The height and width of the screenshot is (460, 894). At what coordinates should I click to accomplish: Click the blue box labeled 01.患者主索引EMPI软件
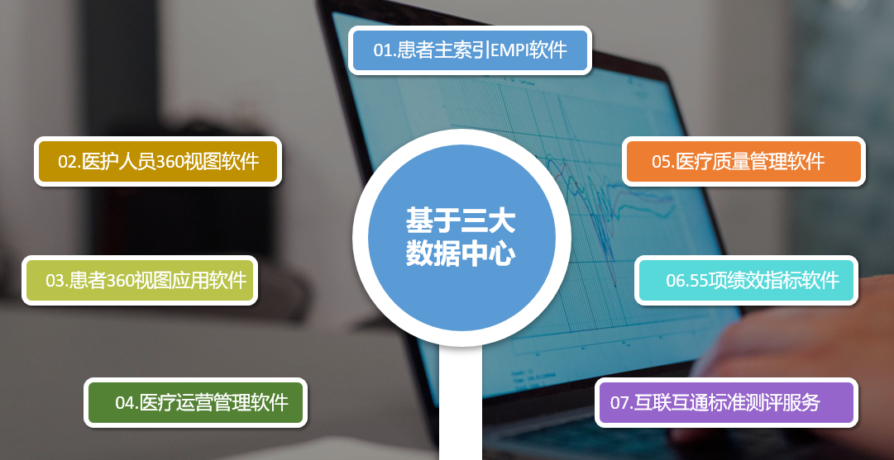pos(470,50)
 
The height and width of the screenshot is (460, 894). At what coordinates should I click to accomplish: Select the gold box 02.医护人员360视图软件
pos(158,161)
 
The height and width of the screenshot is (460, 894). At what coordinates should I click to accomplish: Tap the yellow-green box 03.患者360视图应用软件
pos(140,280)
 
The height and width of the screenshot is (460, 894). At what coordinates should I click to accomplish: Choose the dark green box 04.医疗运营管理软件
pos(195,402)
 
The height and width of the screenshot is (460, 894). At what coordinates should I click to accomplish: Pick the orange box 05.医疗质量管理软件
pos(743,161)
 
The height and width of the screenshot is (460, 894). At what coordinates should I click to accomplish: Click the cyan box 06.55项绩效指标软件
pos(746,280)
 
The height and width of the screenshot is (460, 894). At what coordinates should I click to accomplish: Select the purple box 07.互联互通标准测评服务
pos(726,402)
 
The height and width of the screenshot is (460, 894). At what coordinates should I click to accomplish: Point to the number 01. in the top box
pos(385,50)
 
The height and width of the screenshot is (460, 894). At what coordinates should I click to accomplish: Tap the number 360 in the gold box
pos(170,162)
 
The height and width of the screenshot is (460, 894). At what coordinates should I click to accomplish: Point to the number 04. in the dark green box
pos(127,403)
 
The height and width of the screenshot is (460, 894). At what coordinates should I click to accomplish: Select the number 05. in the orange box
pos(664,162)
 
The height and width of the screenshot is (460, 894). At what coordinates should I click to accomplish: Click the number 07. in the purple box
pos(622,403)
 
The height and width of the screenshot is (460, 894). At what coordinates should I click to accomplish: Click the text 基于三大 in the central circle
pos(461,221)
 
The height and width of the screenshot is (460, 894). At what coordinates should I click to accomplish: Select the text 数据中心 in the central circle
pos(461,254)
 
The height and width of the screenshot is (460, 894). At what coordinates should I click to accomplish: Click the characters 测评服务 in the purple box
pos(792,403)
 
